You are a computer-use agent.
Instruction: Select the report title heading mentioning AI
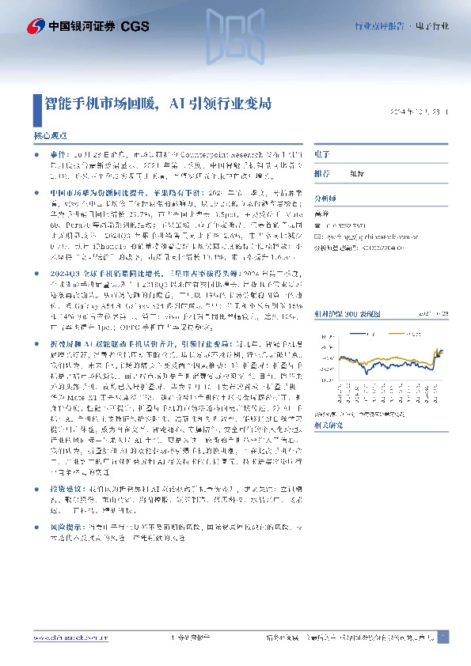click(x=159, y=103)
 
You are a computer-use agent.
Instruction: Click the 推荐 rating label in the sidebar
click(x=321, y=173)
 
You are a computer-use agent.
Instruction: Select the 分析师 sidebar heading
click(x=325, y=200)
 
